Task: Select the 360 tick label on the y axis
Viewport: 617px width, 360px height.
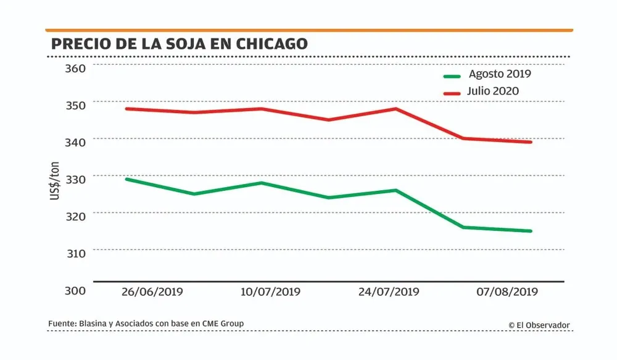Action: [75, 67]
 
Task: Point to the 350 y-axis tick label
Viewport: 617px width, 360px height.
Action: [75, 104]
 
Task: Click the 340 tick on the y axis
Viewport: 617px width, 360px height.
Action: [75, 142]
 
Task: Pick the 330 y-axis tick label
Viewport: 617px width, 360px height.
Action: [75, 179]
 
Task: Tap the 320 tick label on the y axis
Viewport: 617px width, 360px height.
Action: [75, 216]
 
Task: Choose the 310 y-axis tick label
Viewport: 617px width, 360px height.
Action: [75, 253]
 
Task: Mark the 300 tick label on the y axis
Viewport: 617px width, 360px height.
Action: [75, 290]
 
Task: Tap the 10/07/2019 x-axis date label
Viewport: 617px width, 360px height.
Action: [270, 292]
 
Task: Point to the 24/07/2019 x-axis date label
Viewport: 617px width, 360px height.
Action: [389, 292]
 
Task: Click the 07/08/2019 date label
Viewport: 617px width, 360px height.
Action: [507, 292]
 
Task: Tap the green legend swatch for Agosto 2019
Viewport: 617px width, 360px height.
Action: [452, 75]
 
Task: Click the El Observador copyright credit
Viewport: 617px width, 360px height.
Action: [539, 325]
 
